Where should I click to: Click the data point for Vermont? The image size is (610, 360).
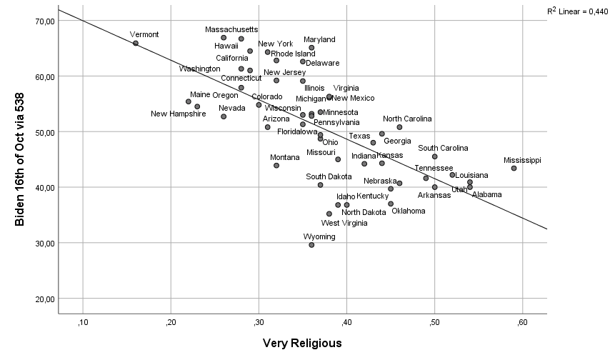pyautogui.click(x=136, y=44)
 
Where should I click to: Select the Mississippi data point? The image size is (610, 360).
pyautogui.click(x=514, y=169)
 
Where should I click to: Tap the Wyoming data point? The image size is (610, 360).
pyautogui.click(x=311, y=245)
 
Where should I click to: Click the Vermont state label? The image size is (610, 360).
pyautogui.click(x=144, y=34)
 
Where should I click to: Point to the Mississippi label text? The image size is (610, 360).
pyautogui.click(x=522, y=160)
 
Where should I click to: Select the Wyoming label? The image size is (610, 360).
pyautogui.click(x=319, y=236)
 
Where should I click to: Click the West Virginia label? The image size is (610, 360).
pyautogui.click(x=344, y=223)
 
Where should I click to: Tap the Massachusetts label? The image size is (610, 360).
pyautogui.click(x=231, y=29)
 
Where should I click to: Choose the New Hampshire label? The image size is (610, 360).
pyautogui.click(x=178, y=114)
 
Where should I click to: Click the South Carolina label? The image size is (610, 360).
pyautogui.click(x=443, y=148)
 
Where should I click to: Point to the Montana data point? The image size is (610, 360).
pyautogui.click(x=276, y=166)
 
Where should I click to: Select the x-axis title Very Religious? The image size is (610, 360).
pyautogui.click(x=302, y=344)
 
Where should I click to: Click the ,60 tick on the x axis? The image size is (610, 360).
pyautogui.click(x=522, y=321)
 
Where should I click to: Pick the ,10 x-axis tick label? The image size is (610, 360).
pyautogui.click(x=82, y=321)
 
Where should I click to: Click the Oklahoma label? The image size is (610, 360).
pyautogui.click(x=408, y=211)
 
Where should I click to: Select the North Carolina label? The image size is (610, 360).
pyautogui.click(x=407, y=119)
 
